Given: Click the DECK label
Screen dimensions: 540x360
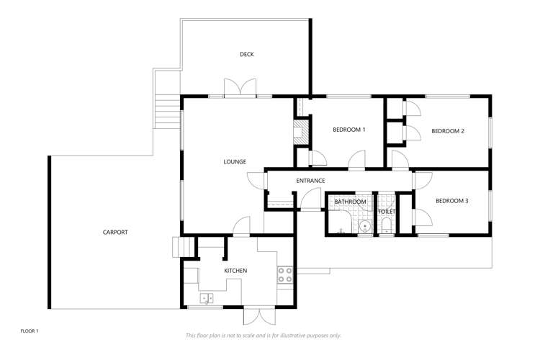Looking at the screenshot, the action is tap(246, 54).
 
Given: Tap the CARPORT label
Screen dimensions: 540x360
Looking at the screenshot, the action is tap(115, 232).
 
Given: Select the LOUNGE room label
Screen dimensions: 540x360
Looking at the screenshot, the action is tap(235, 161).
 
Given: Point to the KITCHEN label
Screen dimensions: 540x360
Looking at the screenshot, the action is tap(235, 271).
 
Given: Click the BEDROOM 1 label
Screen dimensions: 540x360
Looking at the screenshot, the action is tap(349, 130).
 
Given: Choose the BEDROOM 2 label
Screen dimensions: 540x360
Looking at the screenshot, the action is tap(448, 131).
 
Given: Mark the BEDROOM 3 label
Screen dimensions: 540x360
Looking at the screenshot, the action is tap(452, 201).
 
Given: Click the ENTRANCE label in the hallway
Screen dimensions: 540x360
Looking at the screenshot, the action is tap(310, 181).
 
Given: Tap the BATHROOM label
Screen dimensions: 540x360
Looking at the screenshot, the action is tap(350, 202).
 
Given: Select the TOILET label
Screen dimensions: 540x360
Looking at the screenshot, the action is tap(387, 212).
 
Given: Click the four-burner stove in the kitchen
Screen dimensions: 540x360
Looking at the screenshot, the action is tap(285, 274).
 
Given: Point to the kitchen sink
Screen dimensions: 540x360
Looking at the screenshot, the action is tap(207, 298).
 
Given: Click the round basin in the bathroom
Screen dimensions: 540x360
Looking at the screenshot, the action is tap(365, 227).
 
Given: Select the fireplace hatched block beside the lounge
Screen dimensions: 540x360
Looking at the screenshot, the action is tap(302, 132).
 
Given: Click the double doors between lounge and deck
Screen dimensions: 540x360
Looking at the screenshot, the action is tap(240, 88).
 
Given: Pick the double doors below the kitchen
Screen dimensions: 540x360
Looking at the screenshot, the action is tap(259, 316).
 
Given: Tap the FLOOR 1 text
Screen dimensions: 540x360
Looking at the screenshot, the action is tap(30, 331).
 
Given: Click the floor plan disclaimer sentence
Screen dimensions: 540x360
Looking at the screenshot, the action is tap(263, 336).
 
